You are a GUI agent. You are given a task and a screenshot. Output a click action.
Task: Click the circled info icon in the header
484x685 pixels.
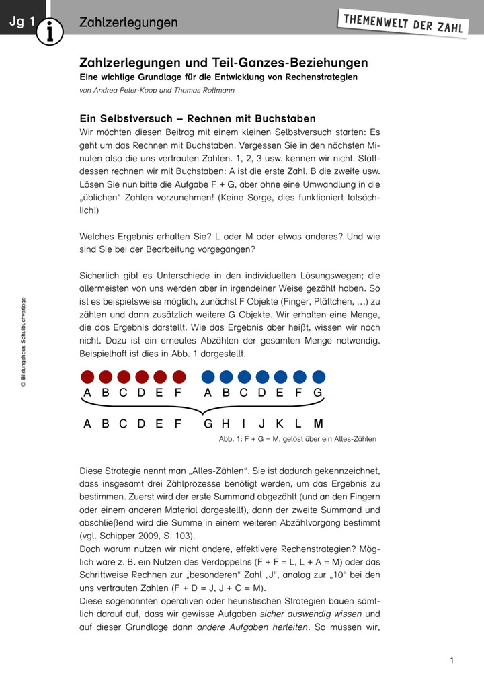click(50, 30)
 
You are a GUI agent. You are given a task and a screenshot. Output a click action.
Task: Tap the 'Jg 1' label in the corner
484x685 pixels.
click(22, 22)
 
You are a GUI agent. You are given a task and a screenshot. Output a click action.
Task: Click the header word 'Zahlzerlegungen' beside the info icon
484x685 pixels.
click(128, 23)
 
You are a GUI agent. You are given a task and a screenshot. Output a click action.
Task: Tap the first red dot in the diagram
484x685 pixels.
click(87, 376)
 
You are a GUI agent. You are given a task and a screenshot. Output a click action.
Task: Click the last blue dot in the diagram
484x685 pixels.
click(318, 376)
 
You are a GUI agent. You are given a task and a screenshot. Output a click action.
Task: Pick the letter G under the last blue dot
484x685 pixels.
click(318, 393)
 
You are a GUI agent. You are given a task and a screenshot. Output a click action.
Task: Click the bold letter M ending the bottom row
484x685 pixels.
click(318, 424)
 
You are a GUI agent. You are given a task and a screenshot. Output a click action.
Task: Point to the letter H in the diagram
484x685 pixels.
click(225, 424)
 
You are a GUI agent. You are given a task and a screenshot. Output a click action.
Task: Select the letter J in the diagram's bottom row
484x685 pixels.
click(262, 424)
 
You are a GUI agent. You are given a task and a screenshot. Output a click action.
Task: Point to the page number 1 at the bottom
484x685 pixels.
click(452, 661)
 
